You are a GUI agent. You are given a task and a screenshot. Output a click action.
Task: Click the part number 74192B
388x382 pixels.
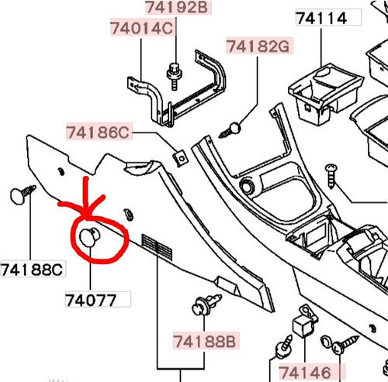(178, 7)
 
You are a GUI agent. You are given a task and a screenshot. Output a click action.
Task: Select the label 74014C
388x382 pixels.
(142, 28)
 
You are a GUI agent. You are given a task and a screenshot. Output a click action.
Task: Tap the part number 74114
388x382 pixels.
(322, 19)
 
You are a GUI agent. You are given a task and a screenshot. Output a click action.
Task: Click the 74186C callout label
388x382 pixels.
(99, 132)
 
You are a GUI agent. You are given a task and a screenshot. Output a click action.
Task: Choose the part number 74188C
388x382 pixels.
(33, 270)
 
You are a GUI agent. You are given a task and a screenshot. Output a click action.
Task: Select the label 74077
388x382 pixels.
(91, 301)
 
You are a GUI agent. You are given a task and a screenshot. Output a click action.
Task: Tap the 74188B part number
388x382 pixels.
(205, 341)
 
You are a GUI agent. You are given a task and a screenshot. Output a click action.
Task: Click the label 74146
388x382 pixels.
(306, 373)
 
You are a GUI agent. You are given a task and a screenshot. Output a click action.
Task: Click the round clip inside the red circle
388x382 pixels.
(89, 236)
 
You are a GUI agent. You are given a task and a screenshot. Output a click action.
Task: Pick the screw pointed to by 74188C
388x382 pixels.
(23, 194)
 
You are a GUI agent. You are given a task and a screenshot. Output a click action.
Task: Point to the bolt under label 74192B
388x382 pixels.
(175, 76)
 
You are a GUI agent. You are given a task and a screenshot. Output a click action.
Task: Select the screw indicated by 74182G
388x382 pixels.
(230, 130)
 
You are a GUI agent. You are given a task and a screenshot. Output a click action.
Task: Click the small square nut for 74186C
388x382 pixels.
(181, 158)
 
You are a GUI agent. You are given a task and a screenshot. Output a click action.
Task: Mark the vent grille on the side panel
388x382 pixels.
(157, 248)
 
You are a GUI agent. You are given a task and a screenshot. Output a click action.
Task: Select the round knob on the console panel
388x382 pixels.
(246, 186)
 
